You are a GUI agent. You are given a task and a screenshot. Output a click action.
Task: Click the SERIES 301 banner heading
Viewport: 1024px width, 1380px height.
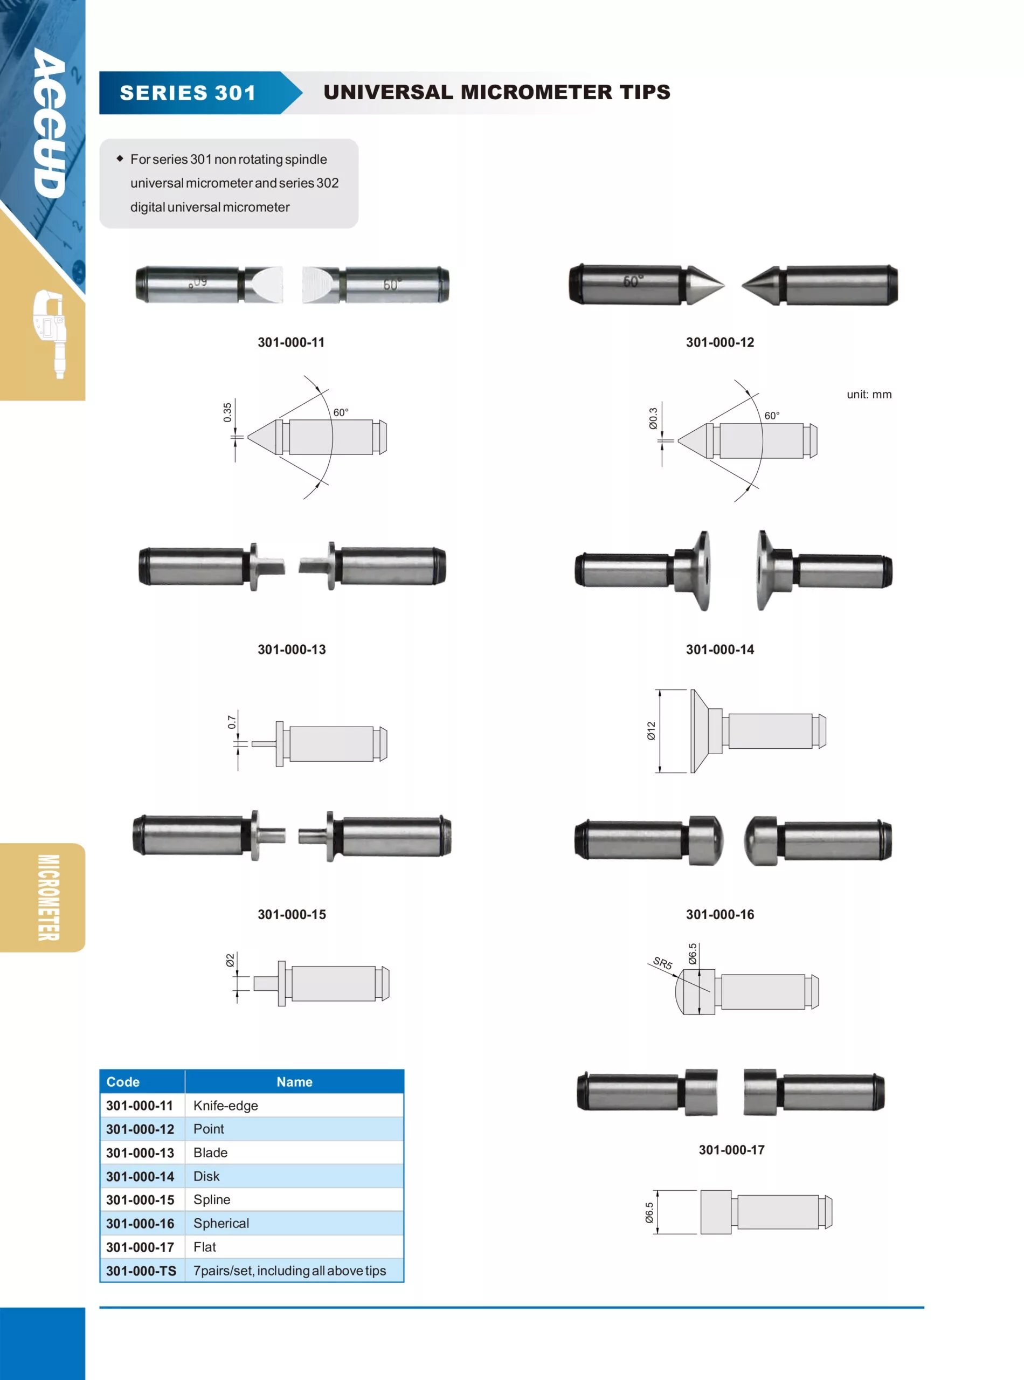(x=188, y=93)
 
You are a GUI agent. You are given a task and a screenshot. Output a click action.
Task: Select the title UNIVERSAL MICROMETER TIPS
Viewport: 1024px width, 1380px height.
(x=496, y=92)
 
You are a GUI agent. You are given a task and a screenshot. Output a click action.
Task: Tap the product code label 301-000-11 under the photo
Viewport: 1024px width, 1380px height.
(x=292, y=342)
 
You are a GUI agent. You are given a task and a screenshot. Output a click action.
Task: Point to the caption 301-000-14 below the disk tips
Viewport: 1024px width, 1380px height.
(x=719, y=649)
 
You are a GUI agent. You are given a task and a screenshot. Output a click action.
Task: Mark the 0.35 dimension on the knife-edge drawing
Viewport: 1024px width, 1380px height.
(x=227, y=412)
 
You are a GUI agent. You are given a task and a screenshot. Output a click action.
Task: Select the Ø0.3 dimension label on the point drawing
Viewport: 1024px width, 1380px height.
(x=653, y=418)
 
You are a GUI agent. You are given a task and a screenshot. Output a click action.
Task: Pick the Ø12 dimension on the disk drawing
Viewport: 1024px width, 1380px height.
(x=651, y=730)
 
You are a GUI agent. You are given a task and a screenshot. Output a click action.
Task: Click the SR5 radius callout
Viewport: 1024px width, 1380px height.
(x=662, y=963)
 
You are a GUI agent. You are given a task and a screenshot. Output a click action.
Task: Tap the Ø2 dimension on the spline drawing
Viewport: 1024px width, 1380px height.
(x=230, y=960)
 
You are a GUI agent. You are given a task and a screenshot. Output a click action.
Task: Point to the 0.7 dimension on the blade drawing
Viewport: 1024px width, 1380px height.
(x=231, y=722)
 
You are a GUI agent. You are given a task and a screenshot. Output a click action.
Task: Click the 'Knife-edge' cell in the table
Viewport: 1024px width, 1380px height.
(x=226, y=1106)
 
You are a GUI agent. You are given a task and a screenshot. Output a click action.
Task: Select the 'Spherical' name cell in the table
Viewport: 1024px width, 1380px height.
(x=222, y=1223)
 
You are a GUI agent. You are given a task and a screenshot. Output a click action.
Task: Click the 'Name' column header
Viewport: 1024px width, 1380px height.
(x=294, y=1082)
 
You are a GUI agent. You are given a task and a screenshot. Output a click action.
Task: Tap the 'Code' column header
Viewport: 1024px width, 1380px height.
(x=123, y=1082)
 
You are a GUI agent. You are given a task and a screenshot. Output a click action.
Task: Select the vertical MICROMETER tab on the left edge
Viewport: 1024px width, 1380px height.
(x=49, y=897)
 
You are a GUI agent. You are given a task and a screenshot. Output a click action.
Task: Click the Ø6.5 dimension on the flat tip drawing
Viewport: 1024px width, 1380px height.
(x=649, y=1212)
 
